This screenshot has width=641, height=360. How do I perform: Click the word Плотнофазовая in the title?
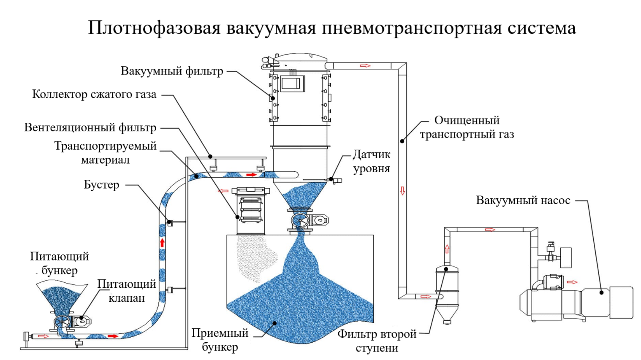(154, 28)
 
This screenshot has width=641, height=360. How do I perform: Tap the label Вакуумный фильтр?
(171, 71)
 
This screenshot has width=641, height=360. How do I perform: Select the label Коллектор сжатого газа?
(94, 94)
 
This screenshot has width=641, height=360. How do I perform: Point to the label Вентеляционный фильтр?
(90, 127)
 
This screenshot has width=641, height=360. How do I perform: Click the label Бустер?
(101, 185)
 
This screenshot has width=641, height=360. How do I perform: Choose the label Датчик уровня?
(372, 161)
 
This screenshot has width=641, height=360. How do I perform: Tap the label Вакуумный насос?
(523, 200)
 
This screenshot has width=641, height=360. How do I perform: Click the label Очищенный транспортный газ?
(467, 127)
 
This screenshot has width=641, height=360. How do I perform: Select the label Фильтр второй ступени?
(377, 341)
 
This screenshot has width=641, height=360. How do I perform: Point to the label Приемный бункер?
(220, 340)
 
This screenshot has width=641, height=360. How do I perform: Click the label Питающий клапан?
(127, 291)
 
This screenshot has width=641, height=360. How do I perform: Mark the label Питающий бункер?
(60, 263)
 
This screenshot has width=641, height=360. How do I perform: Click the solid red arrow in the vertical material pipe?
(162, 242)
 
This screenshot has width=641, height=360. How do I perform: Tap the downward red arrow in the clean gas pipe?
(402, 191)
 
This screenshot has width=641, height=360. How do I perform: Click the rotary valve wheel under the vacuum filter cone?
(300, 220)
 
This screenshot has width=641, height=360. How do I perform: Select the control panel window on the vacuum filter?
(291, 84)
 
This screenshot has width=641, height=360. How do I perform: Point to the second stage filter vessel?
(447, 291)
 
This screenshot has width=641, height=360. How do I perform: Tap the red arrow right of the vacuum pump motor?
(572, 282)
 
